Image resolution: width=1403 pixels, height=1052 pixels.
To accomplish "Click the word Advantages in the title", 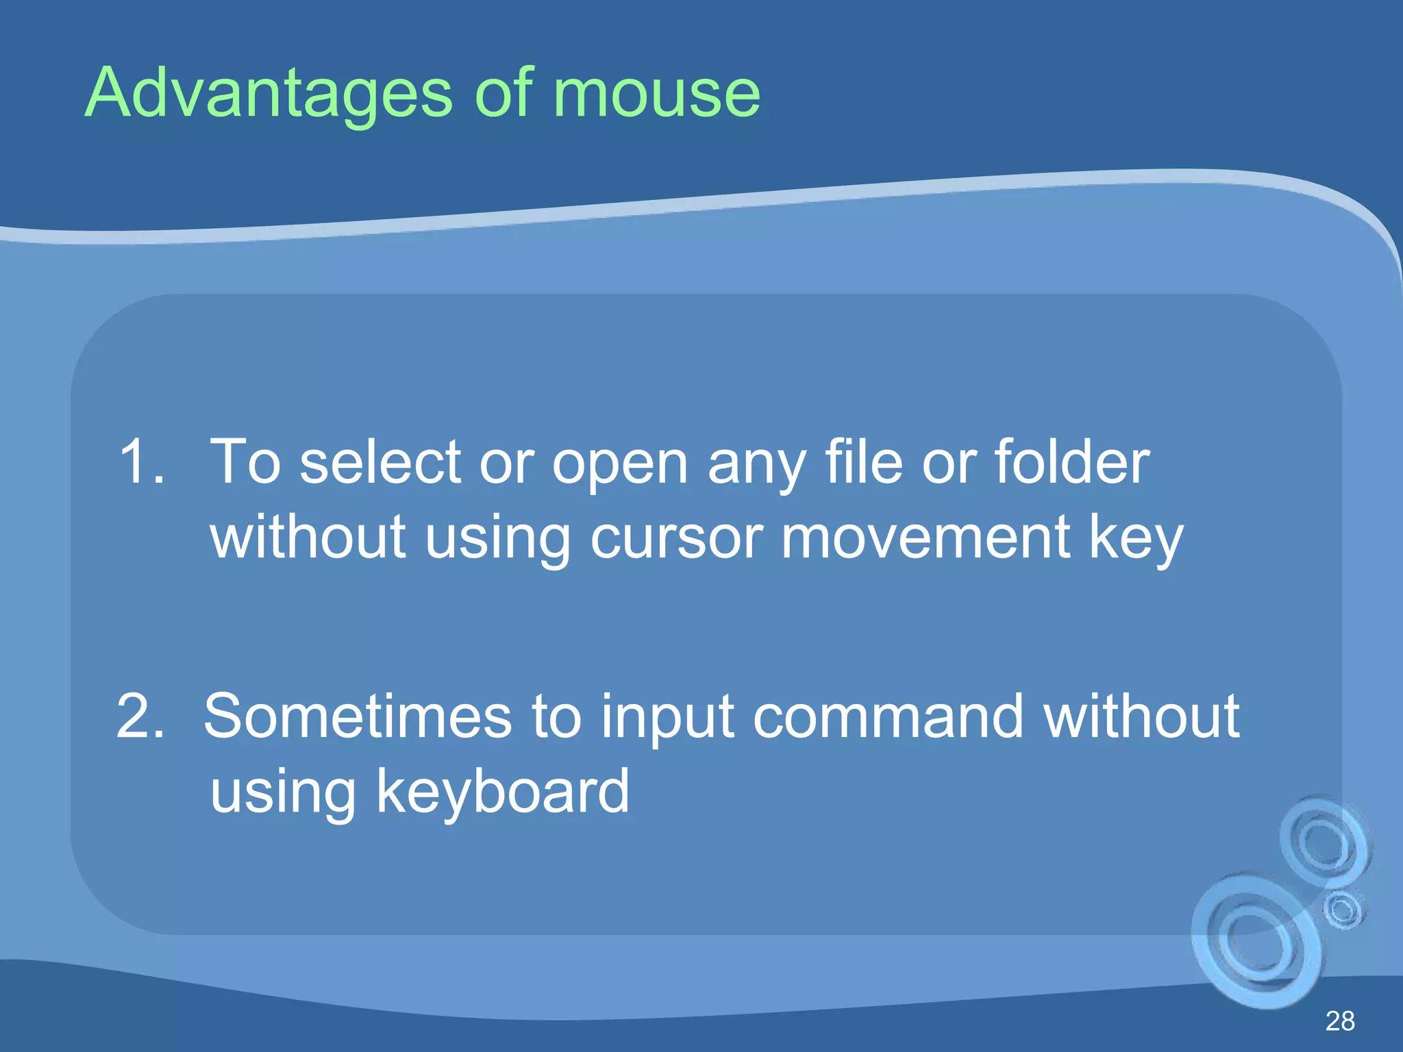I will point(267,95).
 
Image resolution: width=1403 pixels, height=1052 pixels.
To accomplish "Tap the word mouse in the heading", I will point(656,95).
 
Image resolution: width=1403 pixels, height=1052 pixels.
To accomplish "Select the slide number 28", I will point(1340,1021).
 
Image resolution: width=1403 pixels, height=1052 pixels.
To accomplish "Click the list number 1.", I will point(140,462).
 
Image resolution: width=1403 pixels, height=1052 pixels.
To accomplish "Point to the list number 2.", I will point(140,717).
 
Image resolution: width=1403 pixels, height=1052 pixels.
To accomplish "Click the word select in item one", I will point(380,462).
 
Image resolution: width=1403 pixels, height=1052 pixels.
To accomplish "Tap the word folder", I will point(1071,462).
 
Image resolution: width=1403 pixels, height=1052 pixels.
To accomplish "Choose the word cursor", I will point(676,538).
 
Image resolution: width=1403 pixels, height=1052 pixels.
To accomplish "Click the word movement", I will point(926,538).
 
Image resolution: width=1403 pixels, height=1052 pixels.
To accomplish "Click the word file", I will point(864,462).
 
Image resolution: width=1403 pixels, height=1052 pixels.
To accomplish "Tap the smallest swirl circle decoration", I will point(1343,910).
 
